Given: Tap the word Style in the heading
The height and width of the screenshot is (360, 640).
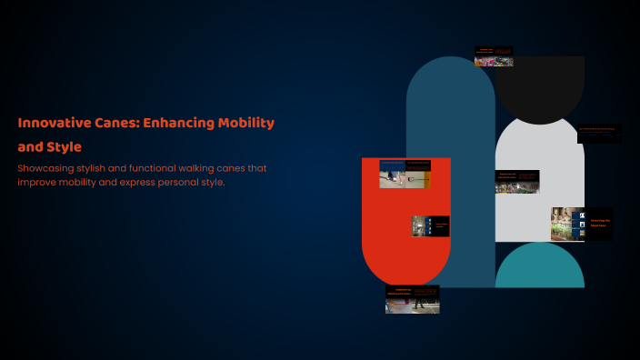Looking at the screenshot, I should click(64, 146).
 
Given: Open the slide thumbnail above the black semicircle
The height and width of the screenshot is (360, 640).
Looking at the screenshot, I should click(494, 56).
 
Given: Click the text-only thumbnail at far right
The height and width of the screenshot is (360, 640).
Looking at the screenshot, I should click(599, 134).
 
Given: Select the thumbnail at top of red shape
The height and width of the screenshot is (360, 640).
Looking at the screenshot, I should click(405, 174).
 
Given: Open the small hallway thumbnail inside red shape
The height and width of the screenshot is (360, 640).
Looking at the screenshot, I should click(430, 225).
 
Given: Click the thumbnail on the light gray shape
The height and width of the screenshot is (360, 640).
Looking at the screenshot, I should click(516, 182).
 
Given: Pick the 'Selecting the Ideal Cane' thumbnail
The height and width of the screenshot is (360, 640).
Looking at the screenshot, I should click(581, 224).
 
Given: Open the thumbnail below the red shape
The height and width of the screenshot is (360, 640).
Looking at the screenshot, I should click(412, 300).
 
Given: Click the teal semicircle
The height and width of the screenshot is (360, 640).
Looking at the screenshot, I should click(539, 269).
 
